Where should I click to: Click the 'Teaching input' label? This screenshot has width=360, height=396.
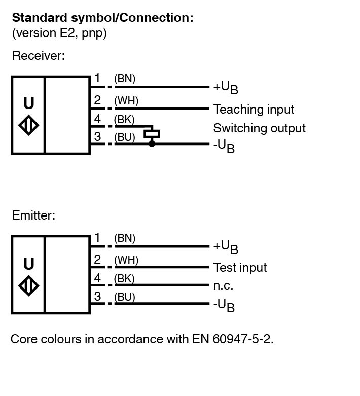pyautogui.click(x=254, y=110)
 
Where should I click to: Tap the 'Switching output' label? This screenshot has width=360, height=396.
pyautogui.click(x=259, y=128)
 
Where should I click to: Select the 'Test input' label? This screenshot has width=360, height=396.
pyautogui.click(x=240, y=268)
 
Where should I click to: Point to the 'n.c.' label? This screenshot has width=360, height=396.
pyautogui.click(x=223, y=285)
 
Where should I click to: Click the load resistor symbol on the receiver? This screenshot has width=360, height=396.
pyautogui.click(x=152, y=134)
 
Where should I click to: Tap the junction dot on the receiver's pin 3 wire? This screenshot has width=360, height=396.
pyautogui.click(x=152, y=144)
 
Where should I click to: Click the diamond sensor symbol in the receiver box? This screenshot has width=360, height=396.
pyautogui.click(x=28, y=126)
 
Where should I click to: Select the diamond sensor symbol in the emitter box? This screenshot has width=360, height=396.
pyautogui.click(x=28, y=286)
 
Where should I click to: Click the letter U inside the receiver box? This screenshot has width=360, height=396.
pyautogui.click(x=29, y=103)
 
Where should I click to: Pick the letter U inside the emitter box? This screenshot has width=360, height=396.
pyautogui.click(x=29, y=264)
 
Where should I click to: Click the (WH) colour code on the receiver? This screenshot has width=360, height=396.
pyautogui.click(x=126, y=101)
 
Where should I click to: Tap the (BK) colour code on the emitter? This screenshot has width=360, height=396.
pyautogui.click(x=125, y=279)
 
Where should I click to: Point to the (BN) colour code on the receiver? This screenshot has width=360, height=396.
pyautogui.click(x=125, y=79)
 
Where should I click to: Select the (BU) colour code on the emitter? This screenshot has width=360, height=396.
pyautogui.click(x=125, y=297)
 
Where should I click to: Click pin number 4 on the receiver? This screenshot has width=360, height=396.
pyautogui.click(x=97, y=120)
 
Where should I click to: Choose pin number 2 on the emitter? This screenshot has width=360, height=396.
pyautogui.click(x=97, y=260)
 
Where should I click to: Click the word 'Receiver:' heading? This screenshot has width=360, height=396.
pyautogui.click(x=39, y=56)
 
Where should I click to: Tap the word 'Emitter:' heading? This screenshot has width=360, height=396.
pyautogui.click(x=33, y=215)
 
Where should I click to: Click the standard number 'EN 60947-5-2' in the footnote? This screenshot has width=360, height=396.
pyautogui.click(x=238, y=339)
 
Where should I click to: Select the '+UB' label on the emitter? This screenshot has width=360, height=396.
pyautogui.click(x=226, y=247)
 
